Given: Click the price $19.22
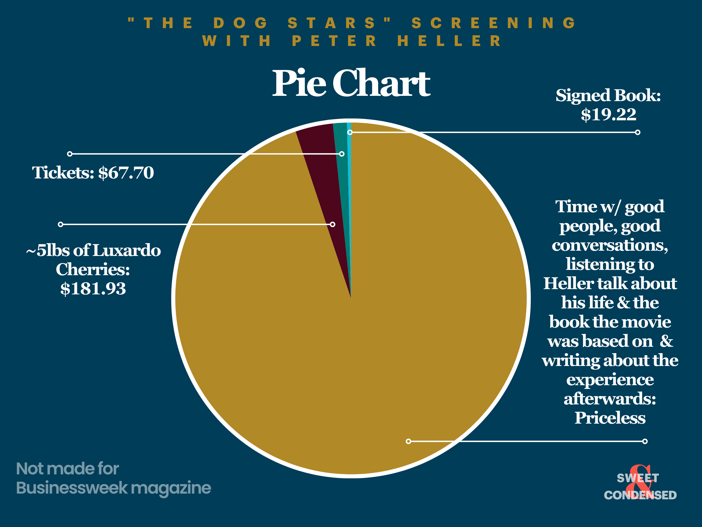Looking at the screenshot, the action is [608, 114].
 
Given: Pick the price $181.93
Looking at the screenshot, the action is [93, 289].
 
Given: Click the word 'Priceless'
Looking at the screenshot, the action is [610, 418].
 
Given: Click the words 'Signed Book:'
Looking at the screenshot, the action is [608, 95].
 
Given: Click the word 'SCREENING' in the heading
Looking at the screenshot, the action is [493, 23].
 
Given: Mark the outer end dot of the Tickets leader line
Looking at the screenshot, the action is [70, 154].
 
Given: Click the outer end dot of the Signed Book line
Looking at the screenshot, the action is [638, 132].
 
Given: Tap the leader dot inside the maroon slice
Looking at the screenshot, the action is [332, 224].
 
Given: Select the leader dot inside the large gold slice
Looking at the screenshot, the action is [408, 441].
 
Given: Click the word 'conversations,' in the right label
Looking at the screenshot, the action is [610, 245].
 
